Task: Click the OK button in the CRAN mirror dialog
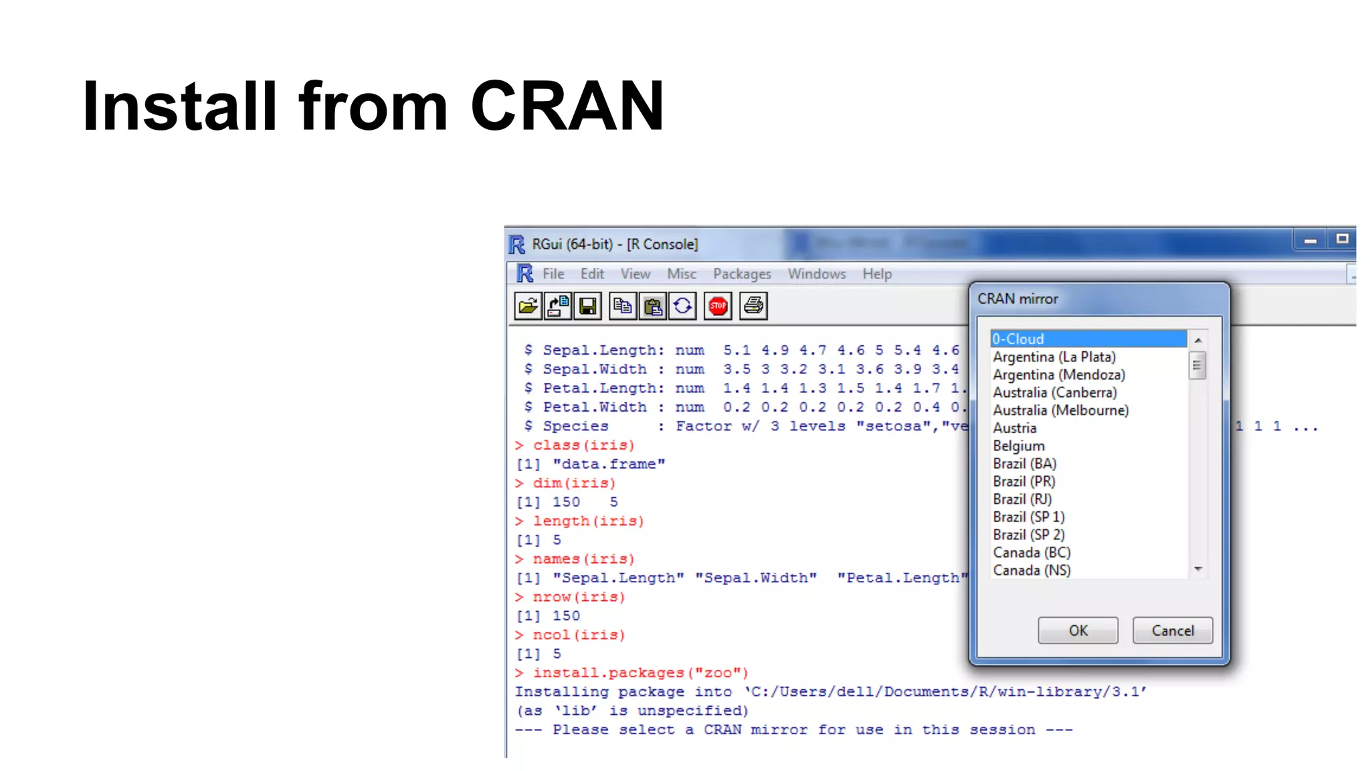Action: (x=1078, y=630)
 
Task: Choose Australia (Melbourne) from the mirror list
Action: (x=1060, y=410)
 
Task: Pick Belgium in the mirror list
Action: (x=1018, y=446)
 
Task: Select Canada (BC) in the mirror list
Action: (x=1032, y=553)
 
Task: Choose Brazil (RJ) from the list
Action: (x=1022, y=499)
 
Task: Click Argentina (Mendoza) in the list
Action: (x=1058, y=375)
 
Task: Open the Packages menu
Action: (x=742, y=274)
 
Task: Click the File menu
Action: (x=553, y=274)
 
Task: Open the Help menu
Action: (x=876, y=274)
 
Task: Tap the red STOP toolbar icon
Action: (x=718, y=307)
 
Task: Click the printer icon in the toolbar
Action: (x=753, y=307)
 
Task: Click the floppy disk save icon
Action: (x=587, y=307)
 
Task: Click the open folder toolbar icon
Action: (x=528, y=307)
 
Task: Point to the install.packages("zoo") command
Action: (x=640, y=673)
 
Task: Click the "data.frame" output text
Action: (x=609, y=464)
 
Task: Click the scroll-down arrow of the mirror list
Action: (x=1198, y=570)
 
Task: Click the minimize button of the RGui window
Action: (x=1310, y=240)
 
